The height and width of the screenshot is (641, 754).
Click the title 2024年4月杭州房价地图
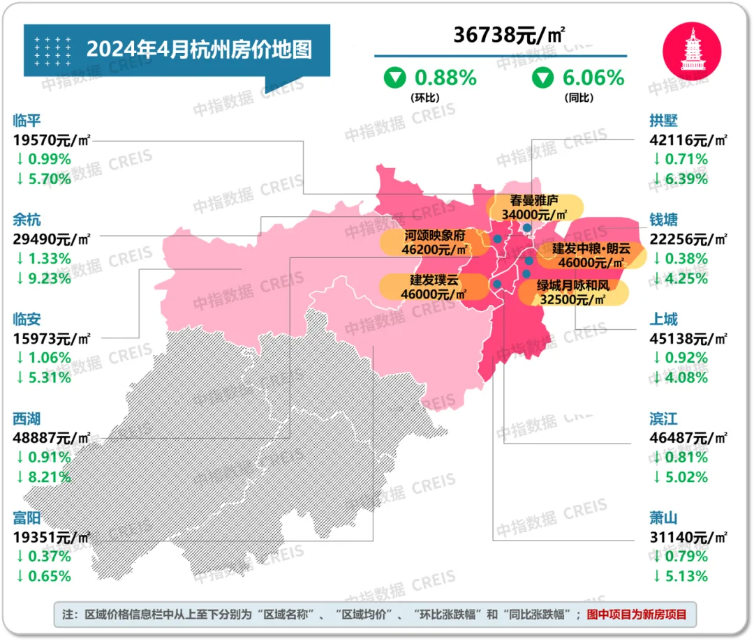pyautogui.click(x=199, y=50)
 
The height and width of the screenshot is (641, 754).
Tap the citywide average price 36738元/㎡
pyautogui.click(x=499, y=35)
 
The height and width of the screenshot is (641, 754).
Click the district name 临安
pyautogui.click(x=27, y=319)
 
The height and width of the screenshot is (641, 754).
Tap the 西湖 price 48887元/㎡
pyautogui.click(x=52, y=438)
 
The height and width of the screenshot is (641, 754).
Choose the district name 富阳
pyautogui.click(x=27, y=518)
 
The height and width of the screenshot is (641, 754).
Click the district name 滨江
pyautogui.click(x=663, y=419)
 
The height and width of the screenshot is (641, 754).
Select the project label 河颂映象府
pyautogui.click(x=434, y=235)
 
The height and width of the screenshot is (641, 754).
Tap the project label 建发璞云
pyautogui.click(x=434, y=280)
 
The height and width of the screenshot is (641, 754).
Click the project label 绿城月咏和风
pyautogui.click(x=572, y=285)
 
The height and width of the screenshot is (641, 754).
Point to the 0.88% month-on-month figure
pyautogui.click(x=445, y=77)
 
